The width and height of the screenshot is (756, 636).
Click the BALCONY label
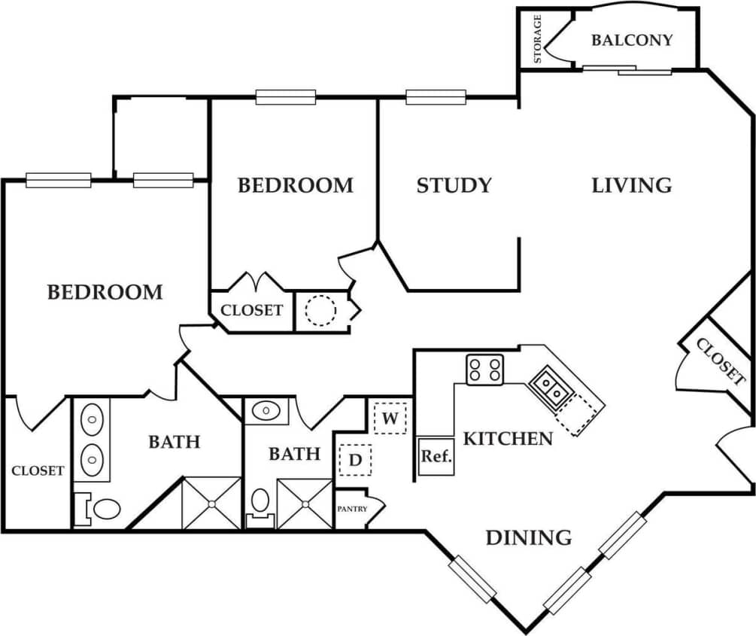(x=632, y=40)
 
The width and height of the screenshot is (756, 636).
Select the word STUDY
(x=454, y=185)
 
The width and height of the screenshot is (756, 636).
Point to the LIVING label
(x=631, y=185)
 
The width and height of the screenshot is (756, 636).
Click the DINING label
(x=528, y=537)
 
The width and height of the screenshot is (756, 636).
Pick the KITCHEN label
(x=508, y=438)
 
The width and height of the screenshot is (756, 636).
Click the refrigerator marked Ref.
(x=436, y=456)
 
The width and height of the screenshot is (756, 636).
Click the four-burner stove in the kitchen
(x=485, y=370)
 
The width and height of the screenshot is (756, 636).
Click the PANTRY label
(x=351, y=509)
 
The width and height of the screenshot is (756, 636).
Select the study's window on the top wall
(x=436, y=96)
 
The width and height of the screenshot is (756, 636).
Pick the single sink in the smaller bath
(x=265, y=411)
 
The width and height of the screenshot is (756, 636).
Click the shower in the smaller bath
(x=305, y=503)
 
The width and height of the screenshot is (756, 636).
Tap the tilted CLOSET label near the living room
(x=720, y=361)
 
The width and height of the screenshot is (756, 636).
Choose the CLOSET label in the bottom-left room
(x=38, y=470)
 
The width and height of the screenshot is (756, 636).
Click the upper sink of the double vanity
(x=93, y=417)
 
